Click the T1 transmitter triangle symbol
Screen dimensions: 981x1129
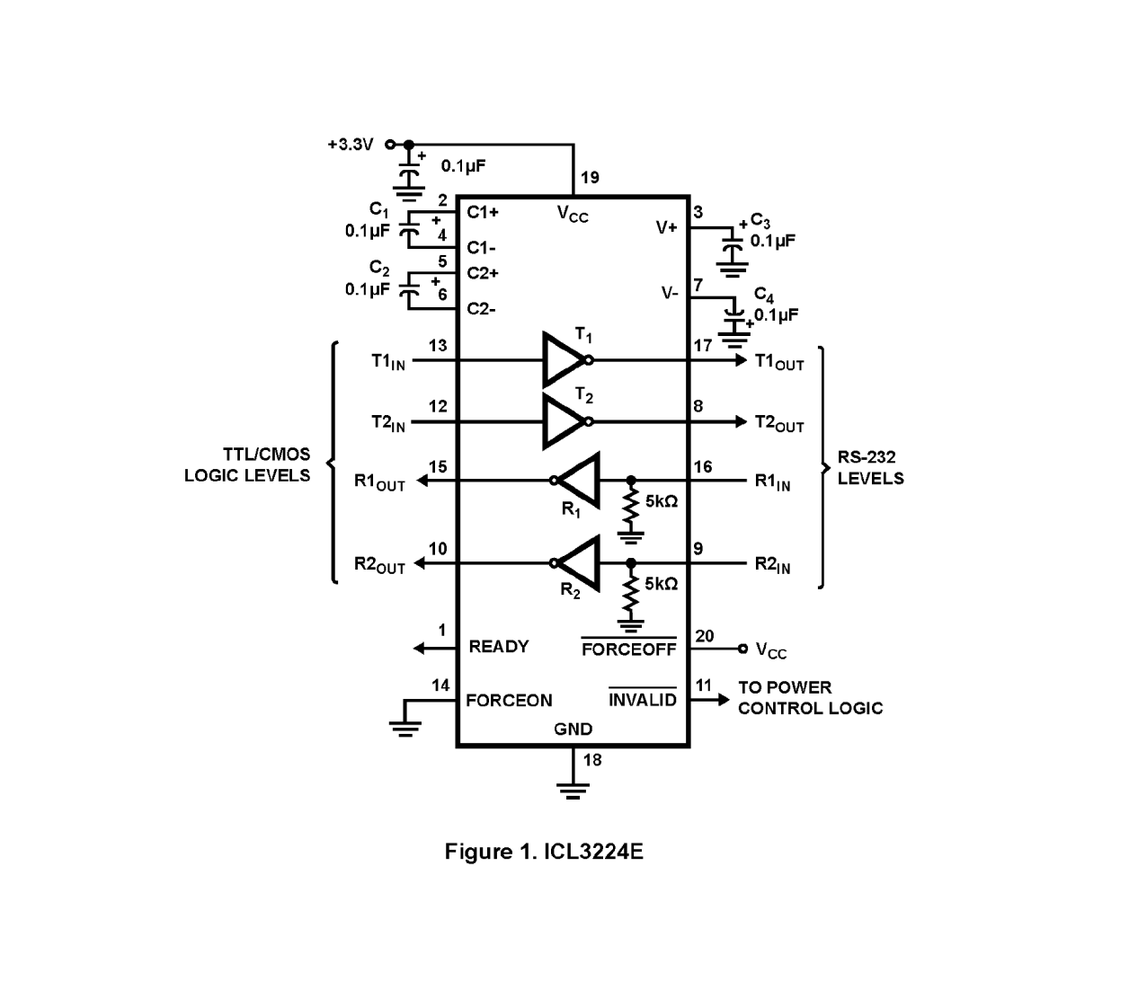coord(564,360)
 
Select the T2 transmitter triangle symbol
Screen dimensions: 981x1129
coord(564,421)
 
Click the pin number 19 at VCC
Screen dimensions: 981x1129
coord(590,178)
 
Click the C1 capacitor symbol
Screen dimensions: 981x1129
coord(410,229)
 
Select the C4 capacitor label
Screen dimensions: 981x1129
coord(763,295)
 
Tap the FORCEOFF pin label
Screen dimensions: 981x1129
coord(628,649)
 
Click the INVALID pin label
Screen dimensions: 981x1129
coord(642,700)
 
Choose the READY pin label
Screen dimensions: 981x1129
coord(499,647)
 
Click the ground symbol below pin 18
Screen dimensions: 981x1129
coord(573,790)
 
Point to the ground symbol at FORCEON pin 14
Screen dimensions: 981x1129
coord(405,726)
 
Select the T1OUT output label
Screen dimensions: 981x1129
coord(778,362)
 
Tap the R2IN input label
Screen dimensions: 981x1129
coord(772,565)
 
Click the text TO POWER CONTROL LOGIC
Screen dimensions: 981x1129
coord(809,698)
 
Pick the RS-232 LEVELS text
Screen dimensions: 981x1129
coord(870,468)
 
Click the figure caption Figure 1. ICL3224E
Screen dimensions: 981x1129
coord(544,851)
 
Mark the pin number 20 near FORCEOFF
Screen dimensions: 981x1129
coord(705,636)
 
